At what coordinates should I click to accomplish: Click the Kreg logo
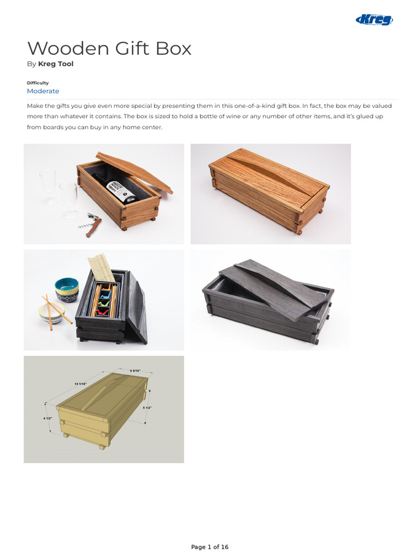point(375,20)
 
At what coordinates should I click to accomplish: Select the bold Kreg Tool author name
point(55,64)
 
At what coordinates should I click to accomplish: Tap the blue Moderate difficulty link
point(43,91)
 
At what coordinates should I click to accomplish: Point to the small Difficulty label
point(38,83)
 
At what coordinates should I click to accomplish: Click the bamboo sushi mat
point(102,268)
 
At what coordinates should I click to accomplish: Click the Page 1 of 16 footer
point(209,547)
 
